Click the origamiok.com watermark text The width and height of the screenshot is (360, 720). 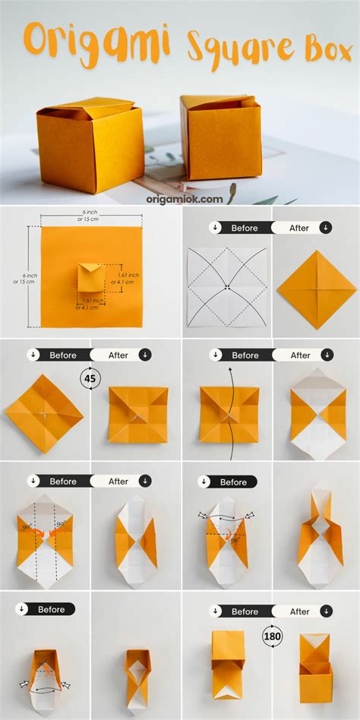tap(184, 199)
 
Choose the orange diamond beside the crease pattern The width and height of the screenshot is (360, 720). tap(316, 289)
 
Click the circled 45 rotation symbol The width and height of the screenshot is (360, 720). tap(91, 377)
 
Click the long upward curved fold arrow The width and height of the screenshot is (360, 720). tap(229, 414)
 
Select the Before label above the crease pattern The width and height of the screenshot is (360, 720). tap(245, 228)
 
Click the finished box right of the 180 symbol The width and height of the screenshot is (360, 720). tap(315, 668)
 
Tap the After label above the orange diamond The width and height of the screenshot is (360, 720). tap(300, 228)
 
